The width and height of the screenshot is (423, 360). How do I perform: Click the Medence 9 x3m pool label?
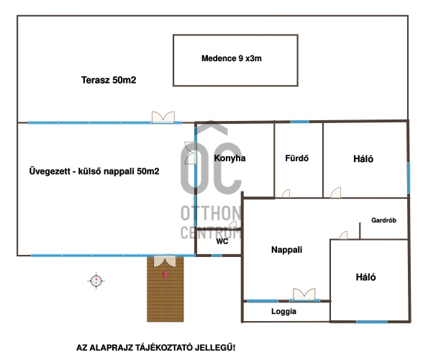pos(232,58)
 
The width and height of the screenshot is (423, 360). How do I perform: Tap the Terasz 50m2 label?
pos(109,80)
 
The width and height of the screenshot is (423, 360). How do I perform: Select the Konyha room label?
pos(230,158)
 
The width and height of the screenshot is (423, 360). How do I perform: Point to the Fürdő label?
pos(296,158)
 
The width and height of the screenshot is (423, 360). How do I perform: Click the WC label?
pos(222,241)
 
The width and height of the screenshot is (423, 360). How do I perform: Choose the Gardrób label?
pos(384,220)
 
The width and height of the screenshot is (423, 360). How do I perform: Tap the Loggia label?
pos(283,311)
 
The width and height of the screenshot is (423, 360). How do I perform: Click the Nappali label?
pos(287,250)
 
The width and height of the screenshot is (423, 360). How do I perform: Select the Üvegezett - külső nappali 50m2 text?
pos(94,171)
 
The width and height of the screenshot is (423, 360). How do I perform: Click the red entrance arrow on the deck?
pos(164,274)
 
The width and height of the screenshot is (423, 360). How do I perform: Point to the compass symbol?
pos(96,281)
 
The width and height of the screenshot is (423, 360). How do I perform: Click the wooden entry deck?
pos(165,289)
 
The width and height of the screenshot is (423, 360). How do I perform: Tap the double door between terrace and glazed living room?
pos(163,117)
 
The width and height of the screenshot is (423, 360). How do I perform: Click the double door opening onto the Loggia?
pos(304,294)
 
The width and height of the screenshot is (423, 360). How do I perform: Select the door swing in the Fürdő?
pos(286,194)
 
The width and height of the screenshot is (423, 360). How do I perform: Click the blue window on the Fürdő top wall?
pos(300,122)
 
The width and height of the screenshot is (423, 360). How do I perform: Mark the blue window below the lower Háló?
pos(372,322)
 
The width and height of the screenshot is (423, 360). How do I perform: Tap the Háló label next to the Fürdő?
pos(363,159)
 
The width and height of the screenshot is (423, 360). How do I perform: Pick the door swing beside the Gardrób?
pos(344,235)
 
